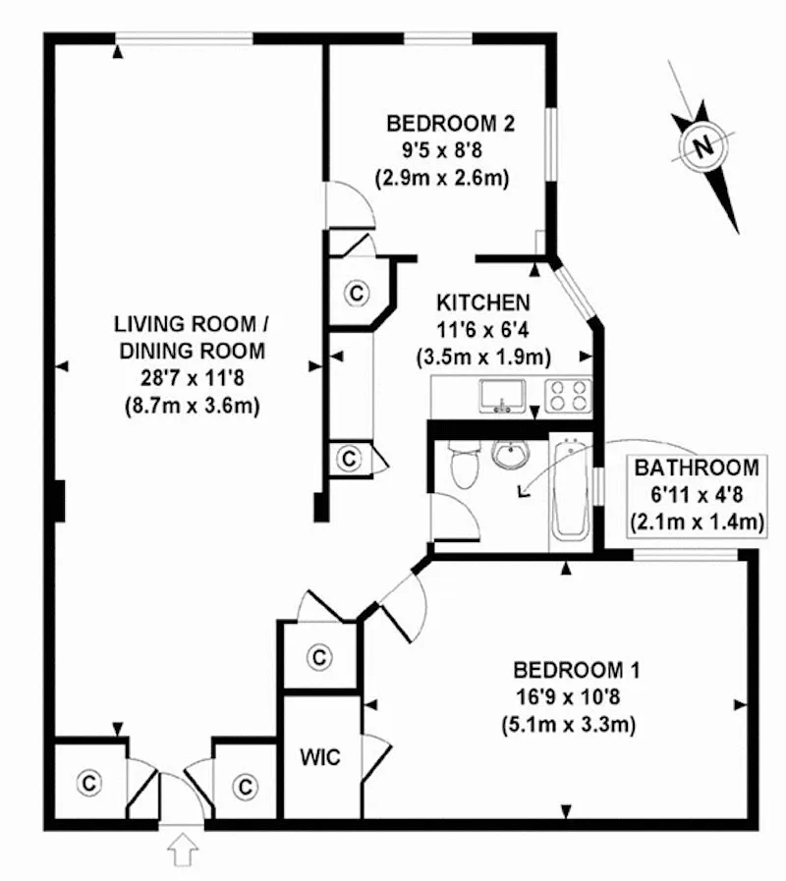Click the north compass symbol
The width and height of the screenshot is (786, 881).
coord(702,146)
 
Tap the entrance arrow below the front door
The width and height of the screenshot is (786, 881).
coord(181,848)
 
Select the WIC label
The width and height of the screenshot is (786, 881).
coord(319,758)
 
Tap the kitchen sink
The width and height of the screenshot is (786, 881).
coord(502,396)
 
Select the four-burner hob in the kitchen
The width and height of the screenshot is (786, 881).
coord(568,395)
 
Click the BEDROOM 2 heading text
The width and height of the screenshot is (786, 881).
coord(451,124)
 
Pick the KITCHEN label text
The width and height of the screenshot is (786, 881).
coord(484,303)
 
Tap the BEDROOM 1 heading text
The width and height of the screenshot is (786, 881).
coord(577,672)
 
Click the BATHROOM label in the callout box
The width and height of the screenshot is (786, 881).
coord(696,468)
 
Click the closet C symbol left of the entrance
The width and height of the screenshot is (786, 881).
coord(89,783)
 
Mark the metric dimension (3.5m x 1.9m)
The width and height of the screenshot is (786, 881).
coord(485,357)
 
